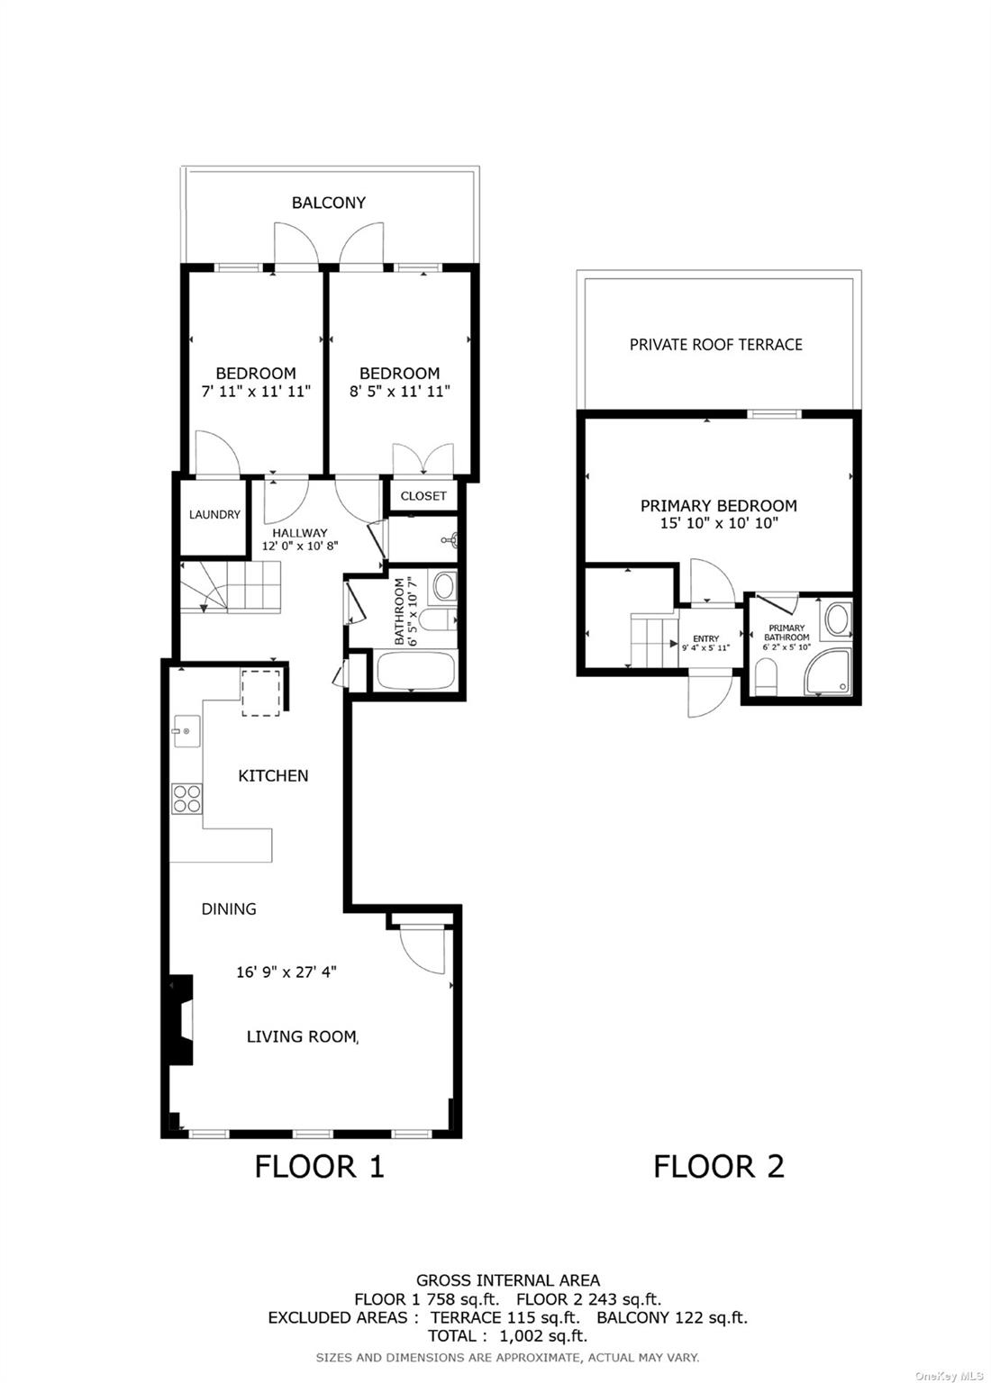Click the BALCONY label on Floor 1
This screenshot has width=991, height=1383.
[328, 203]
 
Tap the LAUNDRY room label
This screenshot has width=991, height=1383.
[214, 514]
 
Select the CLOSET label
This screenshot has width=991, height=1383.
[423, 496]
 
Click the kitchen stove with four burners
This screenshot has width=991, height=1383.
[187, 798]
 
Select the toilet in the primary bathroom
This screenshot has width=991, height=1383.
[765, 676]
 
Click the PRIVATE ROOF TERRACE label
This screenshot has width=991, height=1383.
[715, 344]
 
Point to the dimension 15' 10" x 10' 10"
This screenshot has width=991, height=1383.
[718, 523]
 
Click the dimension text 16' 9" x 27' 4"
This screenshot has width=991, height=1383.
[286, 972]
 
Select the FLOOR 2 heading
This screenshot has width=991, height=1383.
[718, 1166]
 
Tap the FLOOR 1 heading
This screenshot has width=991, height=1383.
[319, 1166]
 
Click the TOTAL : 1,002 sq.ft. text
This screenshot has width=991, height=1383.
[507, 1336]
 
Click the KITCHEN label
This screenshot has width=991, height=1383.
[273, 775]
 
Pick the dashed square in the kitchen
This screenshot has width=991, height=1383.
[261, 691]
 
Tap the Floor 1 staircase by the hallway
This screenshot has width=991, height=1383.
[232, 587]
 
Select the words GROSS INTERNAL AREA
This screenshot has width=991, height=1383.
[507, 1279]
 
